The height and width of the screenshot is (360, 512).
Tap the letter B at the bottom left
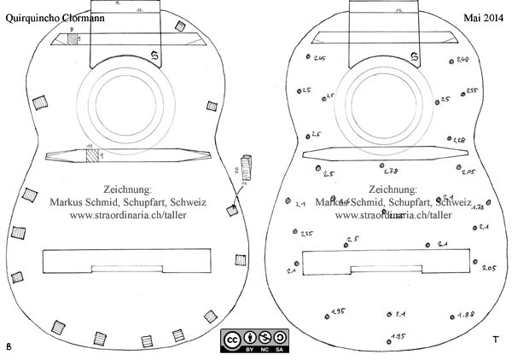coord(9,346)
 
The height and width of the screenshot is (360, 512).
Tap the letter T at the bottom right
coord(495,340)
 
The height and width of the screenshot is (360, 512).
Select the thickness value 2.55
coord(474,91)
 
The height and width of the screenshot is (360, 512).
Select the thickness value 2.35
coord(305,234)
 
